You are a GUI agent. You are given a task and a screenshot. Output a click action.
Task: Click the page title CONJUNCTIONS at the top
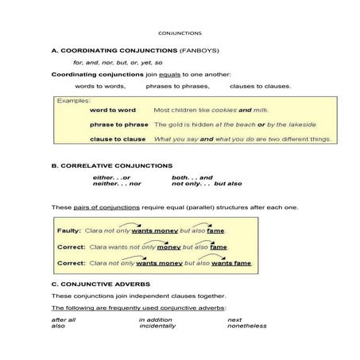[180, 33]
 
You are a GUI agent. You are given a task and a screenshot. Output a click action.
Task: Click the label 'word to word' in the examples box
[113, 110]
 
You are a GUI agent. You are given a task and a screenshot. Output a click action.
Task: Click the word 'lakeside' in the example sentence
[299, 125]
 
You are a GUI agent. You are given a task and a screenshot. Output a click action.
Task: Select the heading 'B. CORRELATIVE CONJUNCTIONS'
[111, 165]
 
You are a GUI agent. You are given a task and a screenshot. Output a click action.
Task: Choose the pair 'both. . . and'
[192, 177]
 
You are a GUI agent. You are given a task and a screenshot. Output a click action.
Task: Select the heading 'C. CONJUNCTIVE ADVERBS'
[100, 284]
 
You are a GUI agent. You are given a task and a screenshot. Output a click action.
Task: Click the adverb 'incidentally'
[158, 326]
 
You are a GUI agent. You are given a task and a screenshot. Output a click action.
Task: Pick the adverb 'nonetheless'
[247, 326]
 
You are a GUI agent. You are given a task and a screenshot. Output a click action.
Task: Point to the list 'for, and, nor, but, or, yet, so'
[118, 62]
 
